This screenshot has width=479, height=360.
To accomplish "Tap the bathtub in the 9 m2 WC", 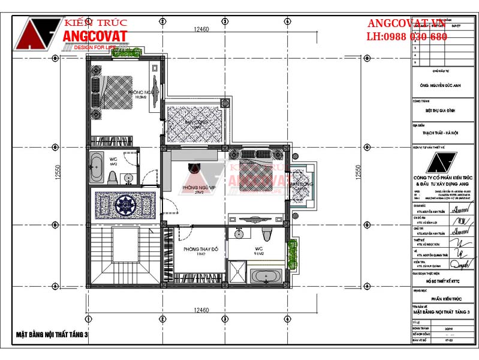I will (x=265, y=277).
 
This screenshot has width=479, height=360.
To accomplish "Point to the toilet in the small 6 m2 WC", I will (x=112, y=178).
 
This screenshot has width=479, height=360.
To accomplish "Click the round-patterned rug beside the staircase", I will (x=126, y=205).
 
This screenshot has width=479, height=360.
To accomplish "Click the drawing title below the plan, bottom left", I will (x=52, y=335).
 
